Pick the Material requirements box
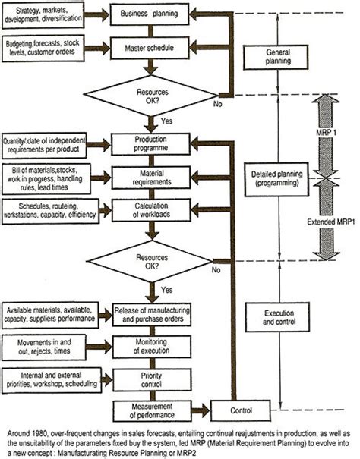tap(160, 178)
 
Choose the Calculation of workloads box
tap(160, 209)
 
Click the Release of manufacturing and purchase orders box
tap(160, 313)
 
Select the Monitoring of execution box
tap(160, 346)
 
